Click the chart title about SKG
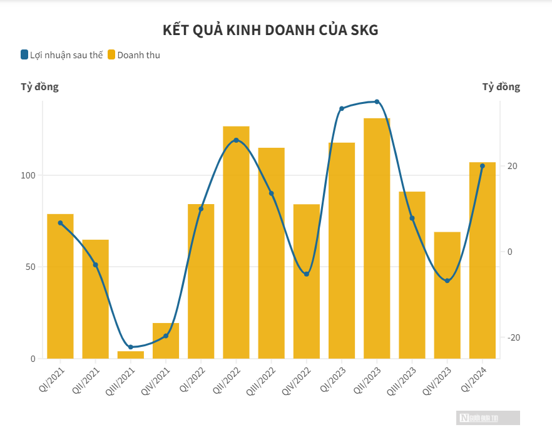point(270,30)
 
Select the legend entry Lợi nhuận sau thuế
point(62,55)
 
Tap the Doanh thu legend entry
point(134,55)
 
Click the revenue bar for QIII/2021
point(131,355)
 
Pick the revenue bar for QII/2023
point(377,238)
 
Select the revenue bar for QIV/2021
point(166,341)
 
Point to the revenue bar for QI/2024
point(482,260)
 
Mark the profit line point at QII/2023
point(377,101)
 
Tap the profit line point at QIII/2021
point(131,347)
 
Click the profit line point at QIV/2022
point(306,274)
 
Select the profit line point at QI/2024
point(482,166)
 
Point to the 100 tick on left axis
point(29,175)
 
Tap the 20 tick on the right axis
point(513,166)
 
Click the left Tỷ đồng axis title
point(40,87)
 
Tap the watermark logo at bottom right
point(488,418)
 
